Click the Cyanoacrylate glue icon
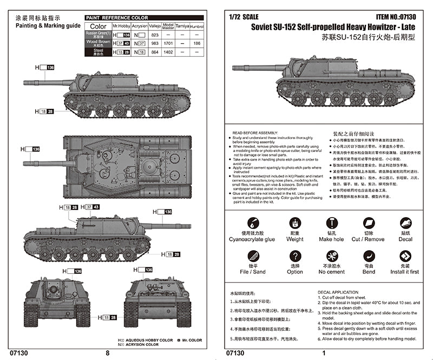point(252,223)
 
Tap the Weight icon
point(295,223)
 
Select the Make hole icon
point(331,223)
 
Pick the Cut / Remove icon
point(368,223)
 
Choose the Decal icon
point(405,223)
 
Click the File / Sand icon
point(252,256)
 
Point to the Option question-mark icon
point(295,256)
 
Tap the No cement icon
point(331,256)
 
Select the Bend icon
point(368,256)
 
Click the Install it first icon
point(405,256)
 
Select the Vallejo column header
point(155,26)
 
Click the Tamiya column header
point(183,26)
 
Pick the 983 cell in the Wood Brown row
point(155,43)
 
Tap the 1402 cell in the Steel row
point(168,51)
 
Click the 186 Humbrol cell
point(197,43)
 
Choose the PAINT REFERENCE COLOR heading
point(117,18)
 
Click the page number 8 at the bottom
point(107,353)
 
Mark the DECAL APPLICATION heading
point(338,292)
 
